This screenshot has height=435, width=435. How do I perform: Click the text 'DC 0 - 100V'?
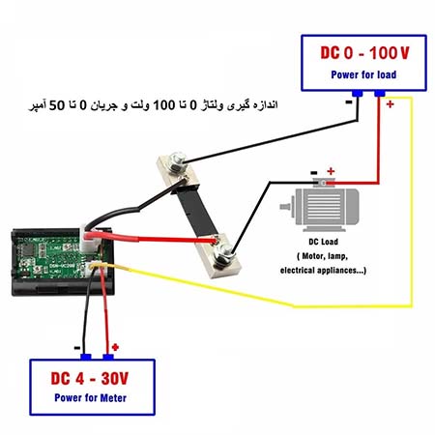pos(364,53)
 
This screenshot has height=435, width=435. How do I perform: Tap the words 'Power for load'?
pos(363,74)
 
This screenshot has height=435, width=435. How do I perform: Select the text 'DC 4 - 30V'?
pos(90,378)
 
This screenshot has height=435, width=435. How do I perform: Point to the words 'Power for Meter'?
pos(90,398)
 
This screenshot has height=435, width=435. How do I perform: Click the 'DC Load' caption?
pos(323,242)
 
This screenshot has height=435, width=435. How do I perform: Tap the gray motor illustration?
pos(320,206)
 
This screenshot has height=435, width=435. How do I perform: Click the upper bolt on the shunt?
pos(176,161)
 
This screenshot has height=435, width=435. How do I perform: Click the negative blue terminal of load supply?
pos(358,94)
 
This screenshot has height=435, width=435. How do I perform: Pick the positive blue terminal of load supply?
pos(380,94)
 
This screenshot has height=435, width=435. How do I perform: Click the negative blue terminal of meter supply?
pos(86,357)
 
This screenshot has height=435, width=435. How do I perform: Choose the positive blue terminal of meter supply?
pos(108,357)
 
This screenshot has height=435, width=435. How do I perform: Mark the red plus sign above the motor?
pos(331,171)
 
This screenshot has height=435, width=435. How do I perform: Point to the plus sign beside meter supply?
pos(115,347)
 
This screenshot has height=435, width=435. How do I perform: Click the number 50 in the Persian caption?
pos(57,105)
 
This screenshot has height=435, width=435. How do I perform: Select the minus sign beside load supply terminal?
pos(349,102)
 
